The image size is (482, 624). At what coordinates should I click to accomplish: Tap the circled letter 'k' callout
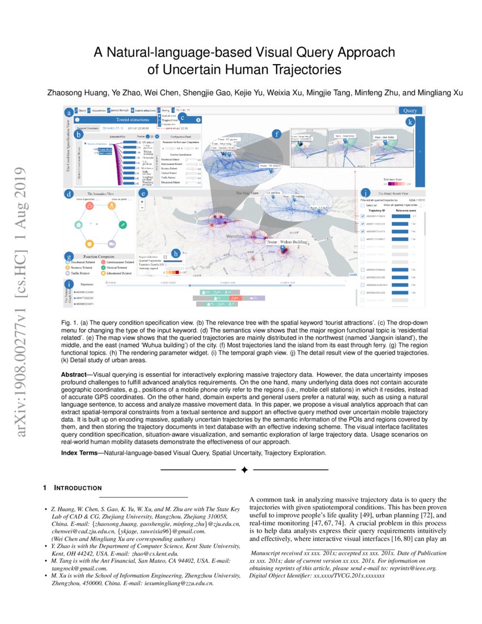tap(409, 122)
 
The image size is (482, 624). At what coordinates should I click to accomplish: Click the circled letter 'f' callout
tap(277, 134)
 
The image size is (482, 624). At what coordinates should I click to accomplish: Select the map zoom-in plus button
tap(141, 201)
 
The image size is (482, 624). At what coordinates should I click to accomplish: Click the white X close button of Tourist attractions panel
tap(198, 120)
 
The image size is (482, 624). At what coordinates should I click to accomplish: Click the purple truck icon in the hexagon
tap(112, 244)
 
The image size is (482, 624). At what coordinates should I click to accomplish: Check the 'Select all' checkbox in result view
tap(362, 205)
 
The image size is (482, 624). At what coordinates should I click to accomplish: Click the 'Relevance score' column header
tap(404, 210)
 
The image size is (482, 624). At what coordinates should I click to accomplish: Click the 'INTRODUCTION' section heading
tap(78, 488)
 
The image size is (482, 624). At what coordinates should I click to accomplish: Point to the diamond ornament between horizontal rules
tap(244, 470)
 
